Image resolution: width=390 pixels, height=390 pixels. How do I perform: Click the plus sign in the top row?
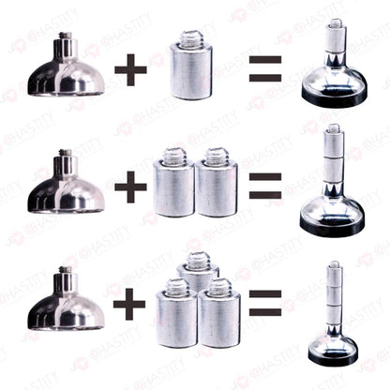[130, 70]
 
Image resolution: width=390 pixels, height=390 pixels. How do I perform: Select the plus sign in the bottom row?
[130, 302]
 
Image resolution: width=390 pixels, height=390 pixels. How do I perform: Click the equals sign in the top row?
[265, 70]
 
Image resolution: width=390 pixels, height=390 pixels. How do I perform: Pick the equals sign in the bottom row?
[265, 302]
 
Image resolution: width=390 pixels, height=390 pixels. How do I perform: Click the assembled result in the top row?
[333, 70]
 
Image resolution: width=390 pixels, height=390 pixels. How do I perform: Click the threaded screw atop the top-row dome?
[67, 42]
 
